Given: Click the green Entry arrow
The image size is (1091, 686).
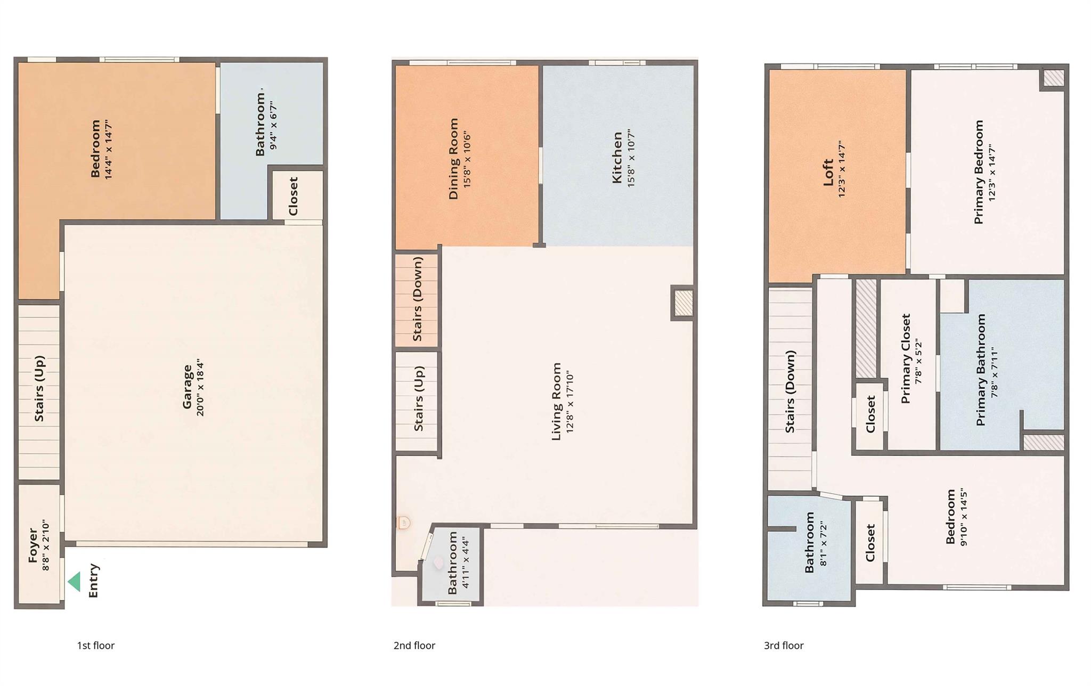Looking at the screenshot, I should click(75, 582).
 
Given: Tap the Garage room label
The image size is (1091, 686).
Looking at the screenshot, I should click(187, 387).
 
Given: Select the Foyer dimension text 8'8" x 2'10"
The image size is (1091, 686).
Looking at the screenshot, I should click(46, 546).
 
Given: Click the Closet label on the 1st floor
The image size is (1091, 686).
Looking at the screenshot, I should click(293, 196).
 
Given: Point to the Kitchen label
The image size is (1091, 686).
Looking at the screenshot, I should click(617, 158).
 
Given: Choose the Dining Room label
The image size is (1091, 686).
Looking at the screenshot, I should click(453, 159).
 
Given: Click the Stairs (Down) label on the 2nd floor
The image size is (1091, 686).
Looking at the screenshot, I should click(417, 299).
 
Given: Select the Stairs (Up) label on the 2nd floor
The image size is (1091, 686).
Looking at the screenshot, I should click(418, 398).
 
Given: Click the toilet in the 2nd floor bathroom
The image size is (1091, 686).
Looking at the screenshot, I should click(438, 563).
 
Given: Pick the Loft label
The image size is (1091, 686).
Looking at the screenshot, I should click(828, 172).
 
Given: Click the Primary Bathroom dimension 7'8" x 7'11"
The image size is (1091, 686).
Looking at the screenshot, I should click(994, 372).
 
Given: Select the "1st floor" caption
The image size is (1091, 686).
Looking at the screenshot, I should click(96, 646).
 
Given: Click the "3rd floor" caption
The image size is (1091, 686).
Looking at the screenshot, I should click(784, 646).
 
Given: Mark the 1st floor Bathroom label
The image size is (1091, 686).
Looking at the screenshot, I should click(260, 125).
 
